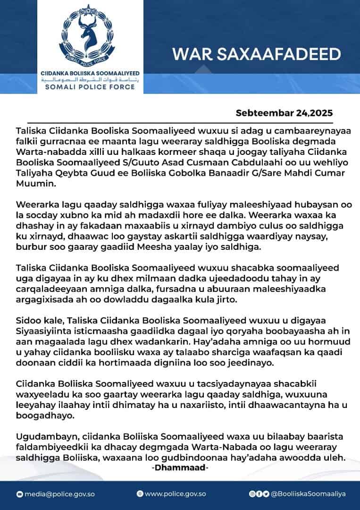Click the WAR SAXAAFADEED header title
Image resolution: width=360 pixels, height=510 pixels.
tap(256, 54)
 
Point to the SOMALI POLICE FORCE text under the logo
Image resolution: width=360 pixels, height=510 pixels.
tap(90, 88)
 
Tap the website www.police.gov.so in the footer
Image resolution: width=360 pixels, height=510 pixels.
tap(175, 494)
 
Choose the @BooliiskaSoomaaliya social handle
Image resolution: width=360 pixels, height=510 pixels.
tap(308, 494)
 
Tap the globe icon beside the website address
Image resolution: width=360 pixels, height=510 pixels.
tap(140, 494)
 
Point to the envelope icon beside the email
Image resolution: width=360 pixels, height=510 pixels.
tap(19, 494)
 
